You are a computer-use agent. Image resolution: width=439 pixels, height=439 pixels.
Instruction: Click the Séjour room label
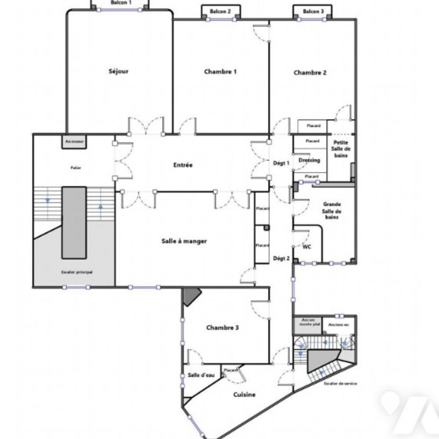point(119,71)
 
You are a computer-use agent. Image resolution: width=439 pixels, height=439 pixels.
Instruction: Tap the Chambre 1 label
point(220,72)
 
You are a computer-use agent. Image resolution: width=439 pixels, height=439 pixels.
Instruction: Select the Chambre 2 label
point(310,73)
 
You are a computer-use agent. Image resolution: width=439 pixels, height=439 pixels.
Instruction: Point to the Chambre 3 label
point(223,327)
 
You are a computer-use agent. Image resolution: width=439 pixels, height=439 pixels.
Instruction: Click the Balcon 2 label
point(220,11)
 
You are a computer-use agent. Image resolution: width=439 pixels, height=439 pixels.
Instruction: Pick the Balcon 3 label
point(313,11)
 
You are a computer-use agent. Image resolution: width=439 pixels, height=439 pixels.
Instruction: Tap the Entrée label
point(183,165)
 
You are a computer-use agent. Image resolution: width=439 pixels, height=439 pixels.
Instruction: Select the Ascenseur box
point(74,142)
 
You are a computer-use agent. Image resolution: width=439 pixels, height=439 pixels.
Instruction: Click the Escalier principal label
point(77,272)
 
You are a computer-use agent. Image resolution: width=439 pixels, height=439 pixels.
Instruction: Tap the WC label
point(307,247)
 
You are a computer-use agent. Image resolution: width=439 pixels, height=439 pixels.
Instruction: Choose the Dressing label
point(309,160)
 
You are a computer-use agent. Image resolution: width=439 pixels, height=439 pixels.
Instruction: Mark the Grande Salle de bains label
point(332,211)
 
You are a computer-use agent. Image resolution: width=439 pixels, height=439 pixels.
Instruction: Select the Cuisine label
point(245,394)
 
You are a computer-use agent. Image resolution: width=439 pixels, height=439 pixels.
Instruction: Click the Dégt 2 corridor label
point(281,258)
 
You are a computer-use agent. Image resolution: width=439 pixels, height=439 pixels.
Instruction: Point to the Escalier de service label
point(340,384)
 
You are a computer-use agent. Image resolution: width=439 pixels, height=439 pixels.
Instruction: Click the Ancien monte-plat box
point(307,323)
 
